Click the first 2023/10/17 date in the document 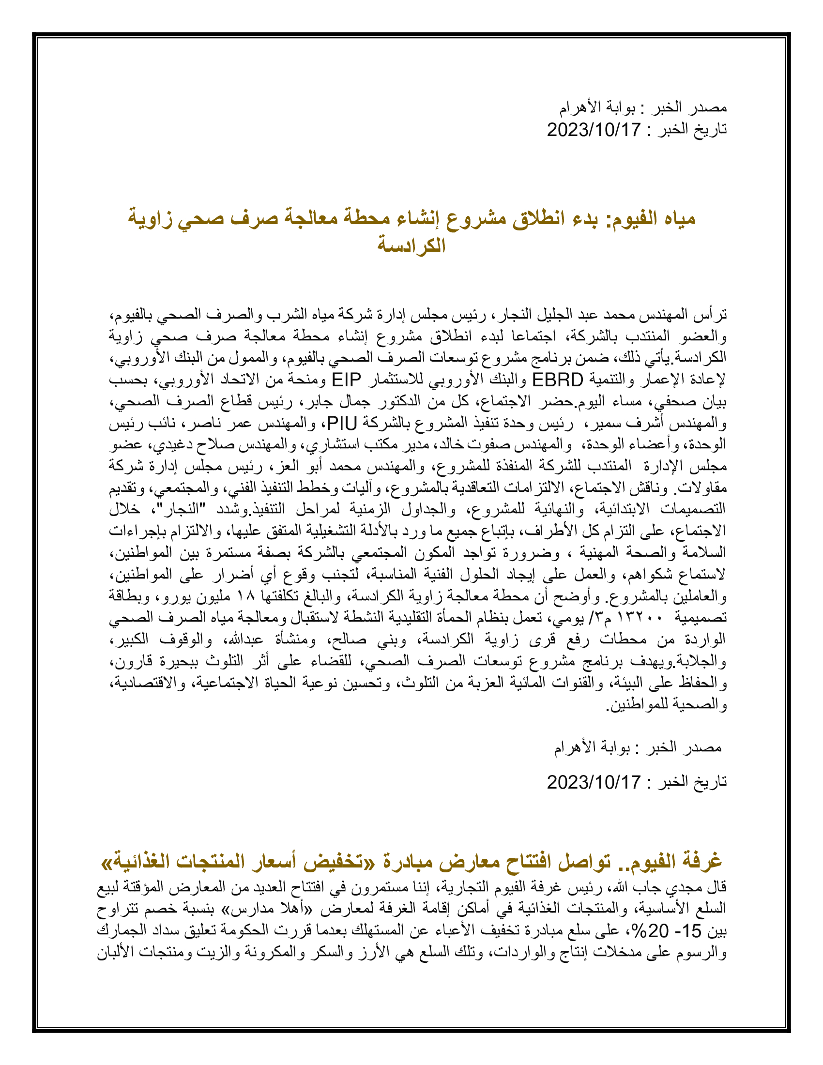click(x=594, y=130)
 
